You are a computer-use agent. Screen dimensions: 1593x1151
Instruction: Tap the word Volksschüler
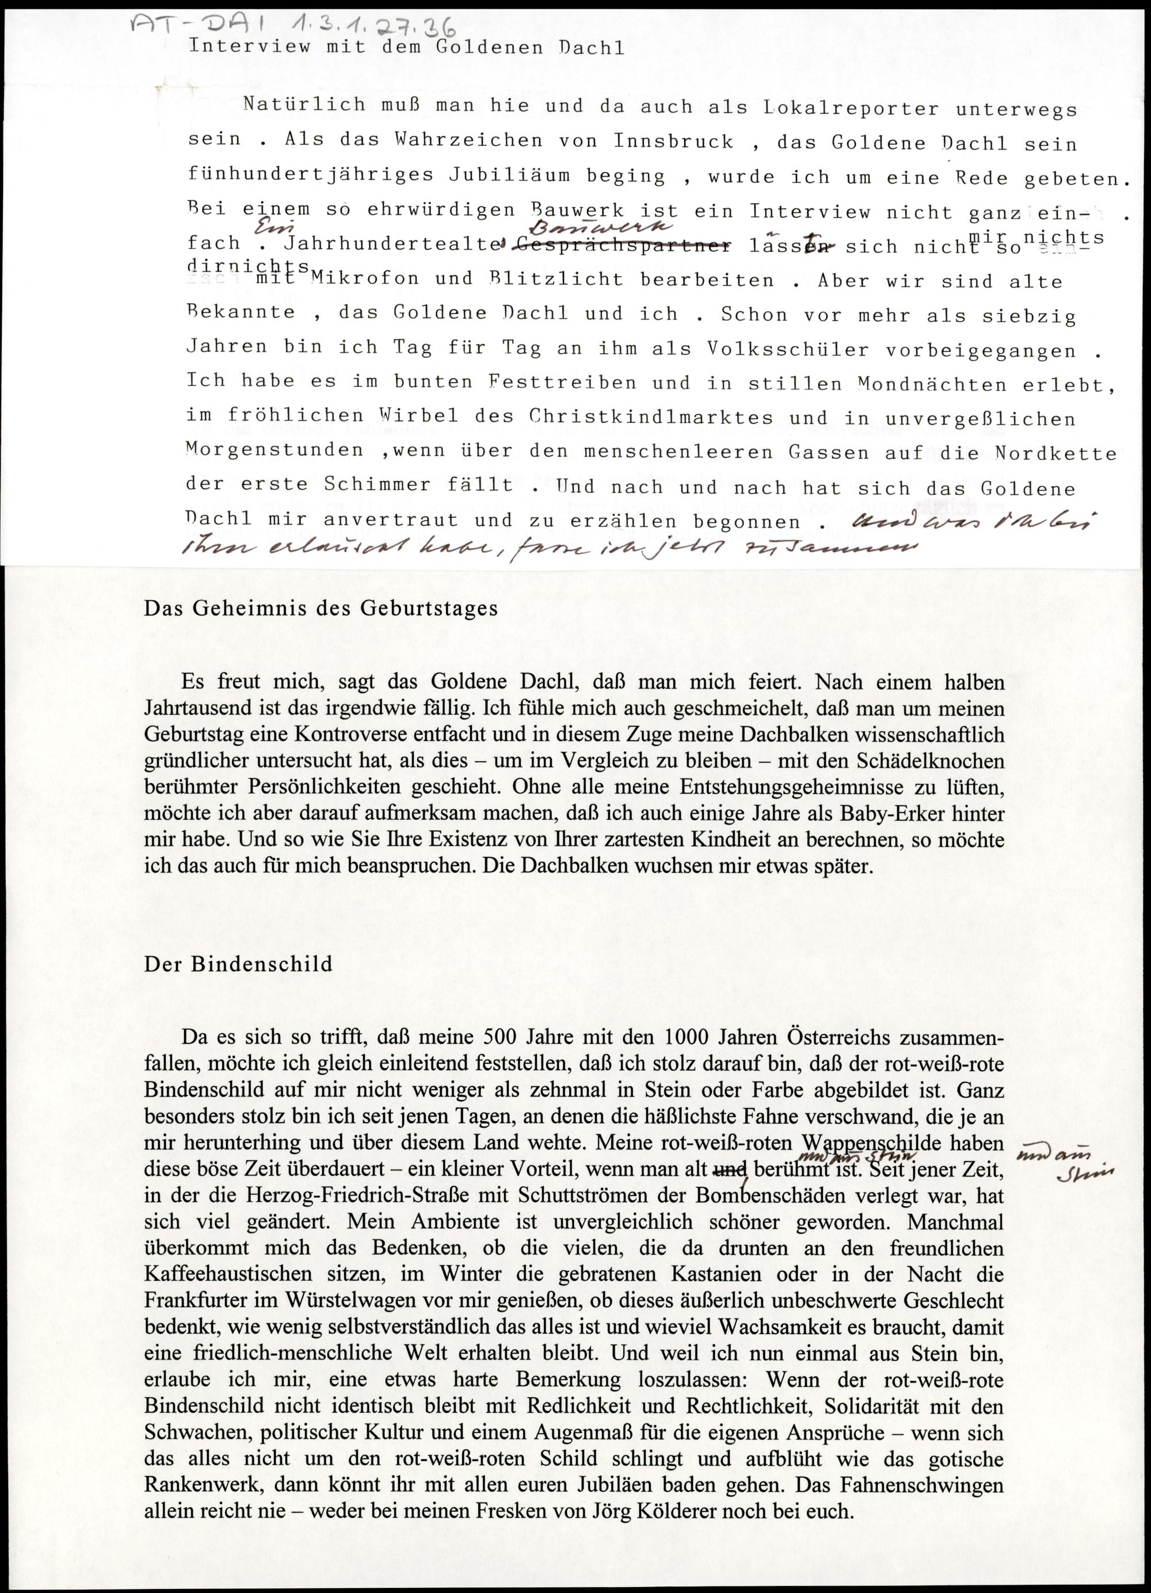click(x=772, y=349)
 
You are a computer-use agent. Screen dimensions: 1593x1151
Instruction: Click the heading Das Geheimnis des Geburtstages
click(x=321, y=608)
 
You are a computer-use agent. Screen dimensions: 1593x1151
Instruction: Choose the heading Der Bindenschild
click(x=238, y=964)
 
